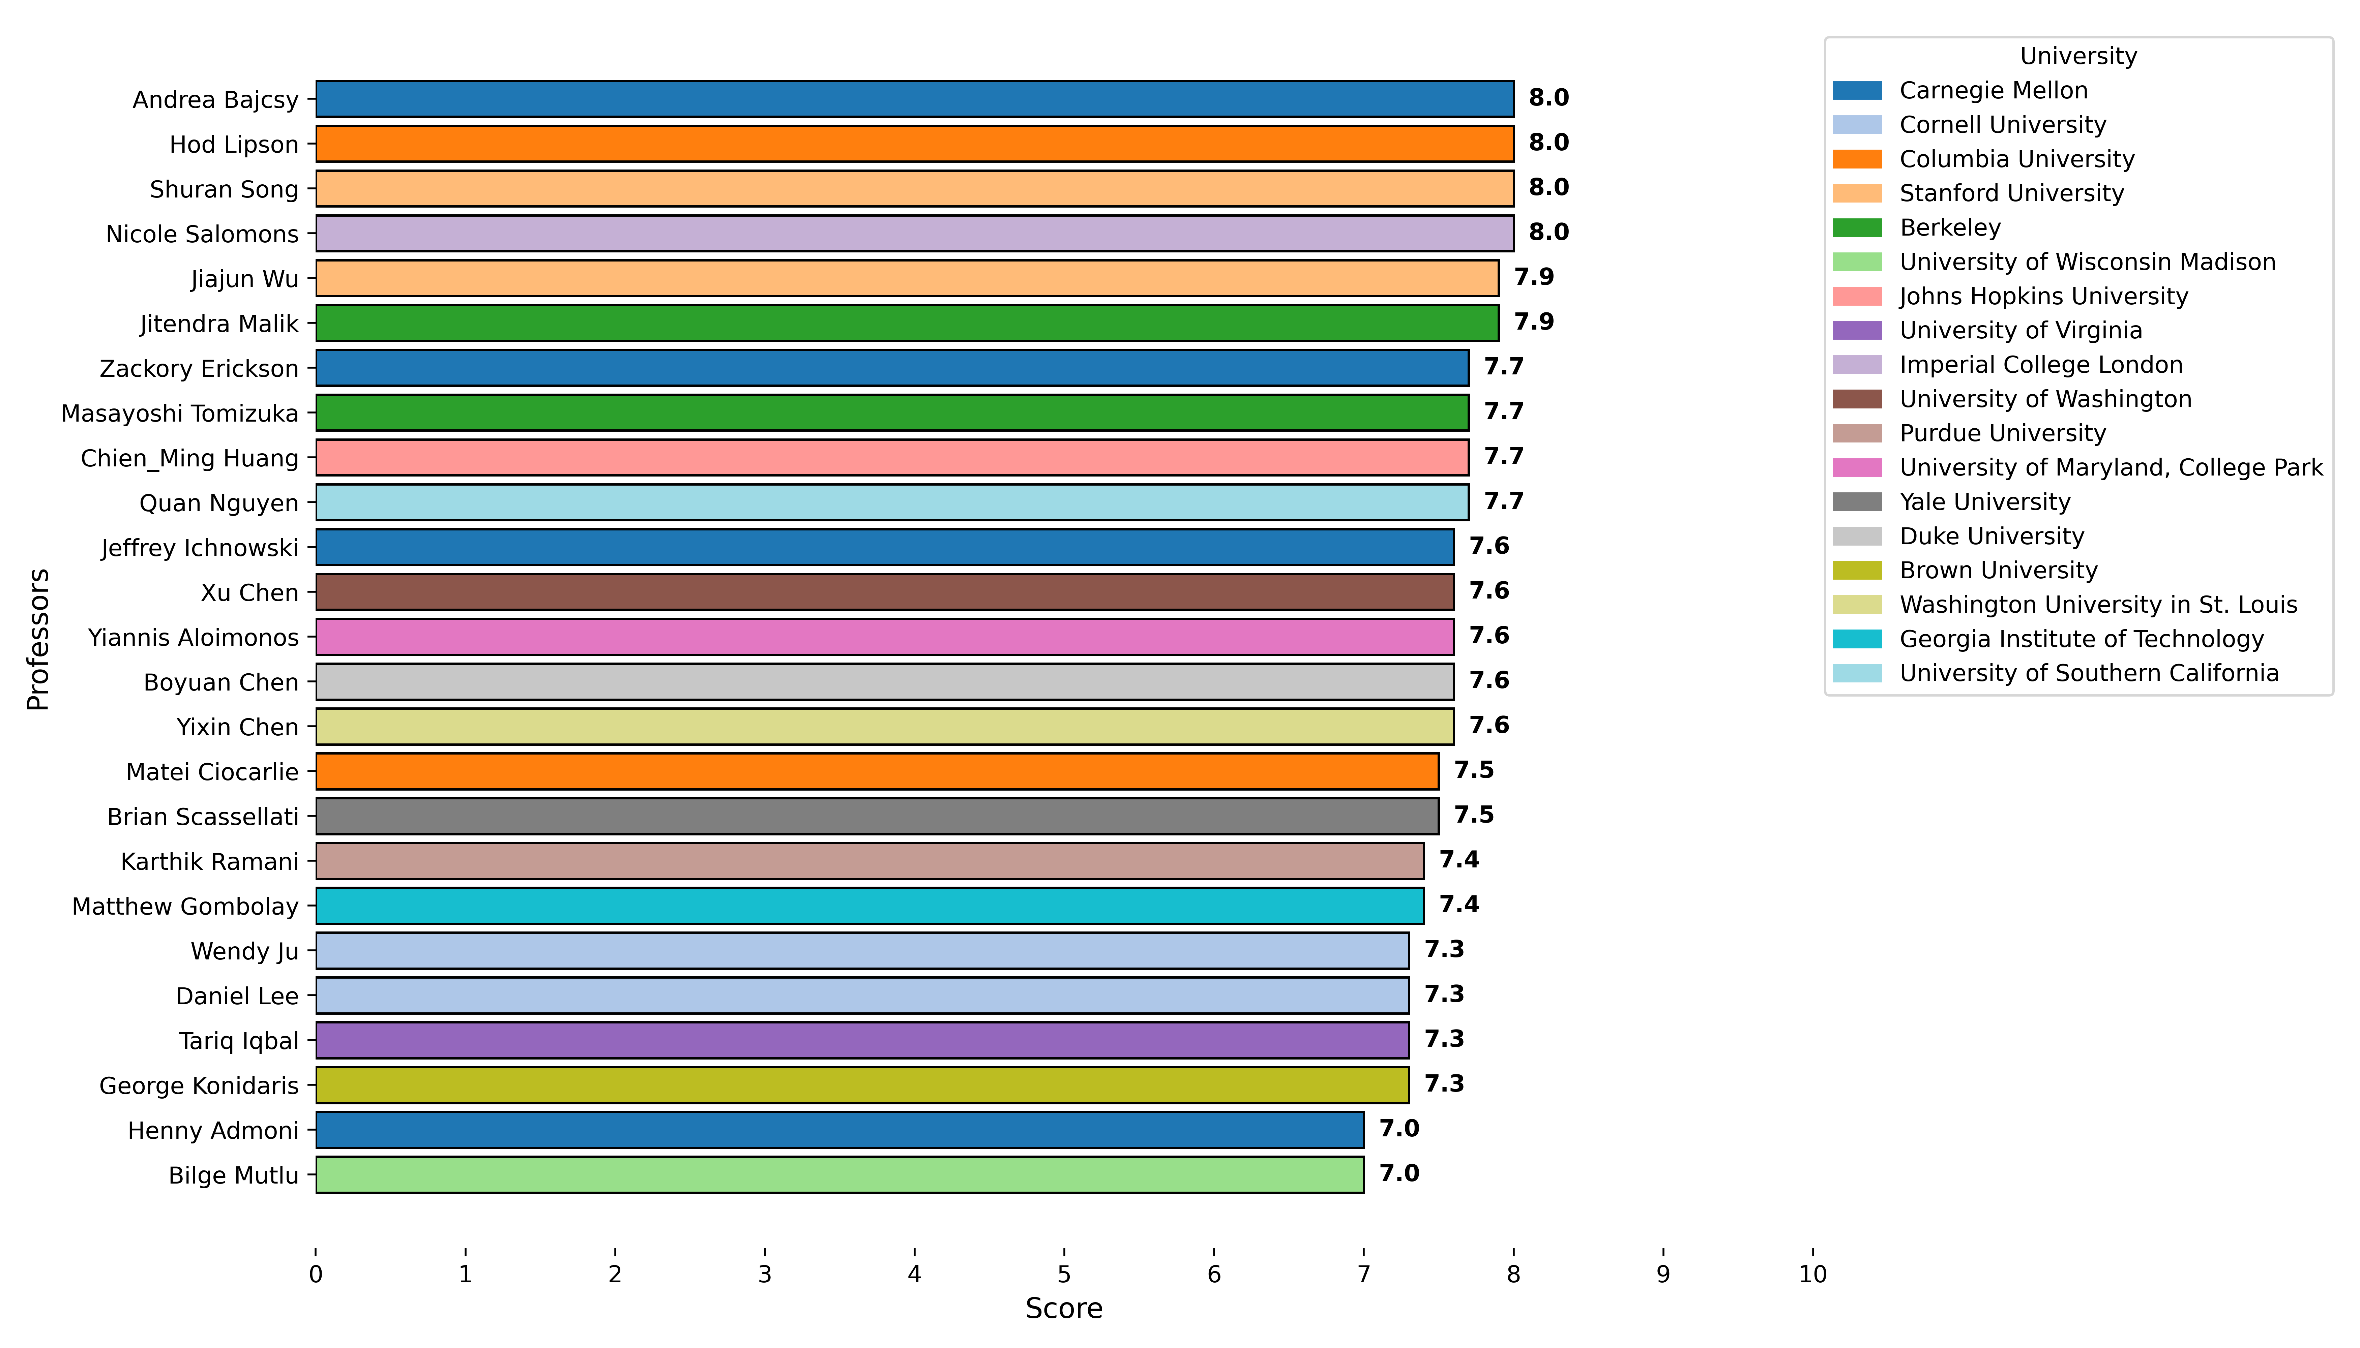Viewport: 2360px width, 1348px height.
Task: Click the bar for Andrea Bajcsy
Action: point(914,99)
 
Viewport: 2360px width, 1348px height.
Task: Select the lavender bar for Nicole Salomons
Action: point(914,233)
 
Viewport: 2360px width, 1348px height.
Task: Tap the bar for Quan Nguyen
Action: point(892,503)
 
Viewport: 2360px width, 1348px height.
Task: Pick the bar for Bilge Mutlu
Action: point(839,1175)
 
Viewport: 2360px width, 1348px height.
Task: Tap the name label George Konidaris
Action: point(199,1085)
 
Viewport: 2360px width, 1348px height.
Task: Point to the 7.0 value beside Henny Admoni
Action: point(1398,1129)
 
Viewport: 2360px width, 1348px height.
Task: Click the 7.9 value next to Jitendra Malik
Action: point(1534,322)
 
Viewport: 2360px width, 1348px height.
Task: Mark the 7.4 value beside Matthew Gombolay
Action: point(1459,905)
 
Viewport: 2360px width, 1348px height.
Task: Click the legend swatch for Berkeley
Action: point(1857,228)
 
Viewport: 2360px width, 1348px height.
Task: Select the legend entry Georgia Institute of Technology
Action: point(2081,639)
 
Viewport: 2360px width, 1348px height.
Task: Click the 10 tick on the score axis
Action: point(1812,1275)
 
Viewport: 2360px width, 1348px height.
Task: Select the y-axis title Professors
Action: point(38,639)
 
